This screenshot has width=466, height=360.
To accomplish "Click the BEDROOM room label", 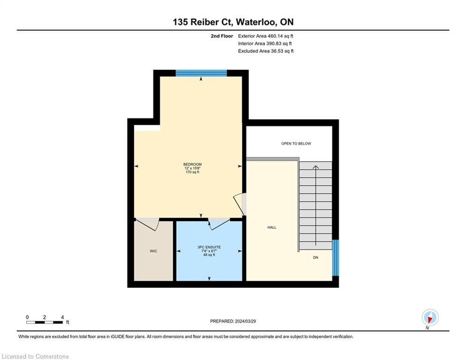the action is pyautogui.click(x=192, y=164).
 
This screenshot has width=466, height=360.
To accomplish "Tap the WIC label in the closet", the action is pyautogui.click(x=153, y=251).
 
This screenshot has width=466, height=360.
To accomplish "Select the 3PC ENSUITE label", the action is pyautogui.click(x=209, y=247).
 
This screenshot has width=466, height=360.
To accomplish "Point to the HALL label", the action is pyautogui.click(x=272, y=227).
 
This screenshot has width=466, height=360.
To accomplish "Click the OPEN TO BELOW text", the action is pyautogui.click(x=296, y=143).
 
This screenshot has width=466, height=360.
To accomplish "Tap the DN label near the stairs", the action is pyautogui.click(x=316, y=257).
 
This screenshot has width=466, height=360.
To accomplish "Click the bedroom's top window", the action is pyautogui.click(x=201, y=73).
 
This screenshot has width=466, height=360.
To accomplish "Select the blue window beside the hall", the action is pyautogui.click(x=335, y=258).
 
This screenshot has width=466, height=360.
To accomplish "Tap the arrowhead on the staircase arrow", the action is pyautogui.click(x=316, y=167).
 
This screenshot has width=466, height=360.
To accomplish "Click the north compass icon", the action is pyautogui.click(x=430, y=317).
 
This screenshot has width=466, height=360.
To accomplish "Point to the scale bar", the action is pyautogui.click(x=44, y=322).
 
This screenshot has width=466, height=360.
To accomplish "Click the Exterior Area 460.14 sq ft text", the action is pyautogui.click(x=266, y=36).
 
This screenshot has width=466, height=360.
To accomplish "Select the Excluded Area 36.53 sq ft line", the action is pyautogui.click(x=266, y=51).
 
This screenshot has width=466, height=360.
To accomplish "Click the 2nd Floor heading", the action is pyautogui.click(x=222, y=36).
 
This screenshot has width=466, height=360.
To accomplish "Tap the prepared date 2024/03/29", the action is pyautogui.click(x=245, y=321).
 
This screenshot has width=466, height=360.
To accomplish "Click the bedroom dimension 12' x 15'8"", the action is pyautogui.click(x=192, y=168).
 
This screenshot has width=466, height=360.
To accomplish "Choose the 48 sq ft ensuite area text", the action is pyautogui.click(x=209, y=255).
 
